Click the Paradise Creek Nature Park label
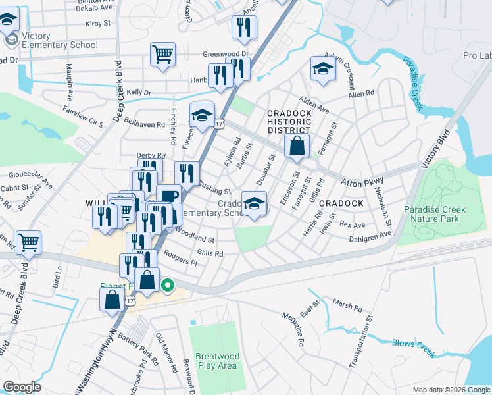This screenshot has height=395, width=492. pos(435,215)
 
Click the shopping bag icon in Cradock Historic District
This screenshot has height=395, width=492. pos(297,146)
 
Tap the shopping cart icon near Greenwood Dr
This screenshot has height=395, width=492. pos(162,55)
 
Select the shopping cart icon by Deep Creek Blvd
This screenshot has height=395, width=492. pos(28,243)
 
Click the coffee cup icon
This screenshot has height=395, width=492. pos(168,197)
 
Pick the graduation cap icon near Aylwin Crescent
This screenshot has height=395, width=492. pos(323,70)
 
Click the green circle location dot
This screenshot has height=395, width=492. pos(168,285)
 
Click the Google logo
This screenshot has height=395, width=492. pos(22,387)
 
